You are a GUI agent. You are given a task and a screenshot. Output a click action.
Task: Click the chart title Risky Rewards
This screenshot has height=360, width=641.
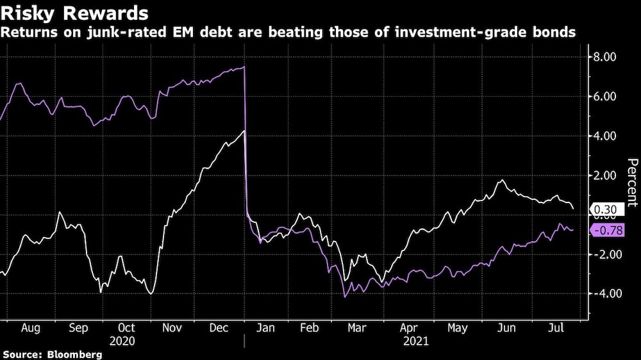point(76,13)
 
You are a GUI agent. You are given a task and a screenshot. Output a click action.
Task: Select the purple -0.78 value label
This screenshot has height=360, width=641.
point(608,231)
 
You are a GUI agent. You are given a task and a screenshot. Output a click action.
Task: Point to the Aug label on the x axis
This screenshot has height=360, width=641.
point(31,328)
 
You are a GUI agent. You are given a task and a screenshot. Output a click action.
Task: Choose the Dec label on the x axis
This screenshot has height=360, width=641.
point(220,328)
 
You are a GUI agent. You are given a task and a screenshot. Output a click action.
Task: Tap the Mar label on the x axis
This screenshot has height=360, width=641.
point(356,328)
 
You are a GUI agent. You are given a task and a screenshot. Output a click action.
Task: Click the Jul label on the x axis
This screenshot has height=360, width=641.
point(557,328)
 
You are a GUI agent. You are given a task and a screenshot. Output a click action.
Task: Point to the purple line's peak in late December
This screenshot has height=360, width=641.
point(244,67)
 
